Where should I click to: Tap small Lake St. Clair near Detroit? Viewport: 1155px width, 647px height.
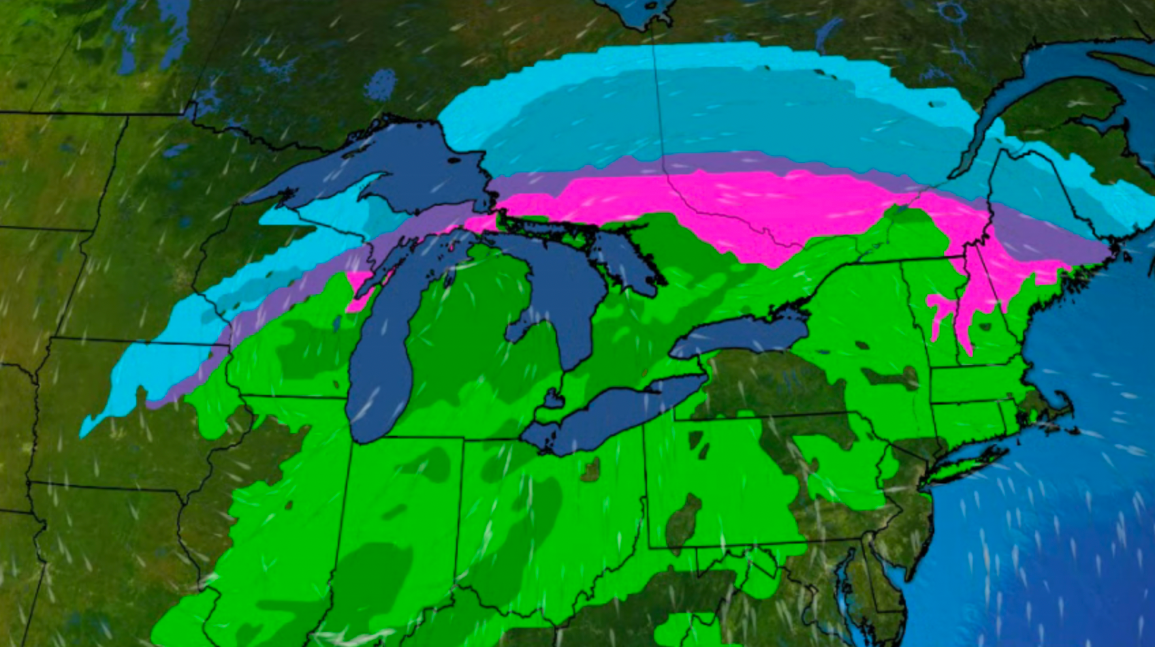click(553, 398)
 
